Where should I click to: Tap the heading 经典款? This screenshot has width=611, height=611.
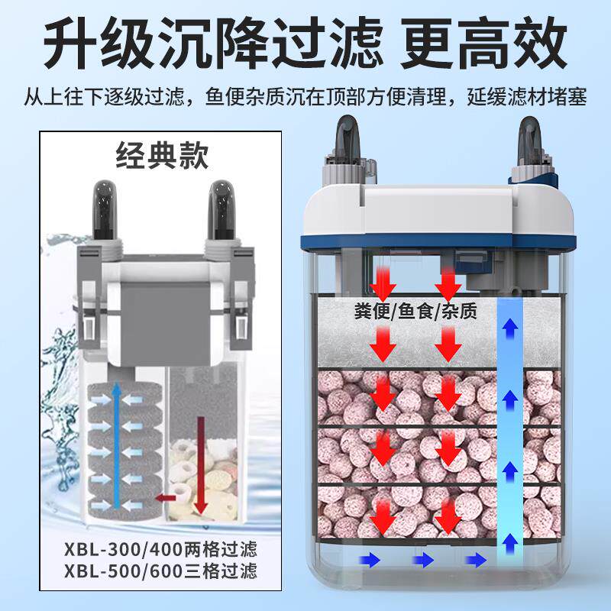coord(160,159)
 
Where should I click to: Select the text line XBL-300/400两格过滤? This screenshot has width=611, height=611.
coord(161,548)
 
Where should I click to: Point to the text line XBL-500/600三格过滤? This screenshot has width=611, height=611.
coord(161,571)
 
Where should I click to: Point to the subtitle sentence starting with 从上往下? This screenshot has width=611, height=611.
coord(305,97)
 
